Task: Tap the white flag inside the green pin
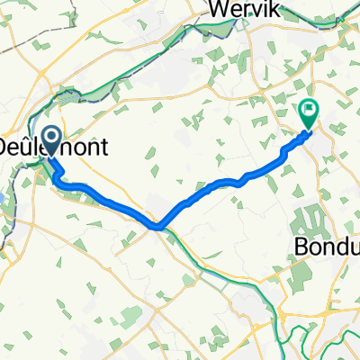click(309, 112)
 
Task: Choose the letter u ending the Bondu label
click(354, 246)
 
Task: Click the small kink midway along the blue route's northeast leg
click(239, 180)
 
